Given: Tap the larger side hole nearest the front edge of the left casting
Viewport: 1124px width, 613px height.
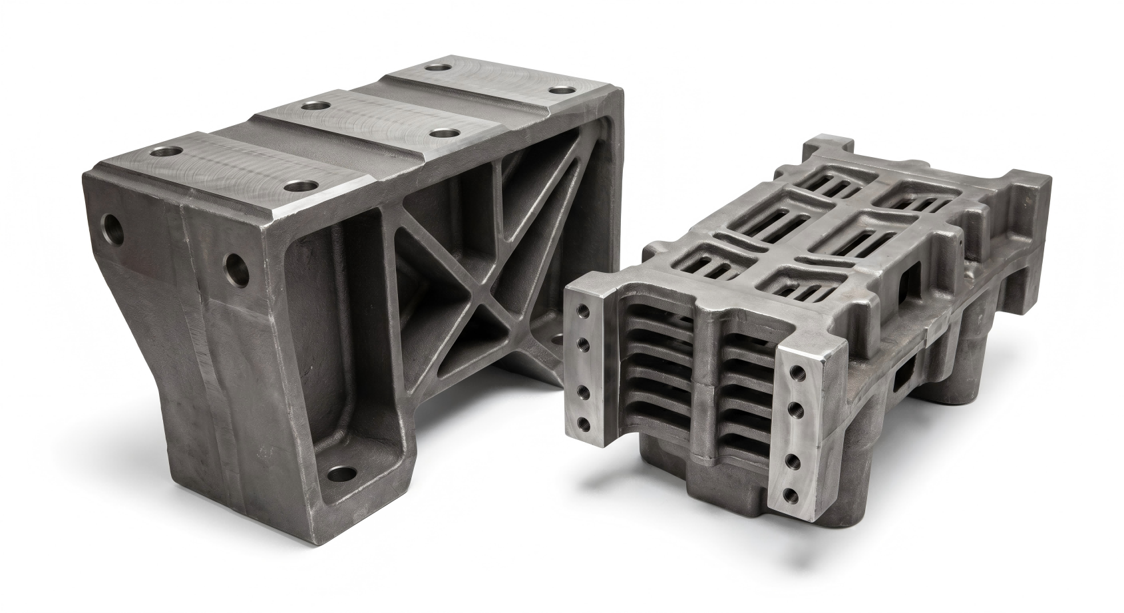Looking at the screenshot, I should point(237,268).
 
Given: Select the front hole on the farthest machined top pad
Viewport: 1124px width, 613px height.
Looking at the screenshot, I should point(563,90).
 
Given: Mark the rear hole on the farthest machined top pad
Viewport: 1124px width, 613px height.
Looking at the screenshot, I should point(437,67).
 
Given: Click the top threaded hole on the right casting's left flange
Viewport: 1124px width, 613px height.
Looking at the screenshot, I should point(584,311).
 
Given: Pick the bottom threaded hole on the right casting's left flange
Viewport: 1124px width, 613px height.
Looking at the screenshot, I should point(584,422).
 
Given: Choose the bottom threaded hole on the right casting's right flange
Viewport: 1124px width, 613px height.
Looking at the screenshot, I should point(792,493).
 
